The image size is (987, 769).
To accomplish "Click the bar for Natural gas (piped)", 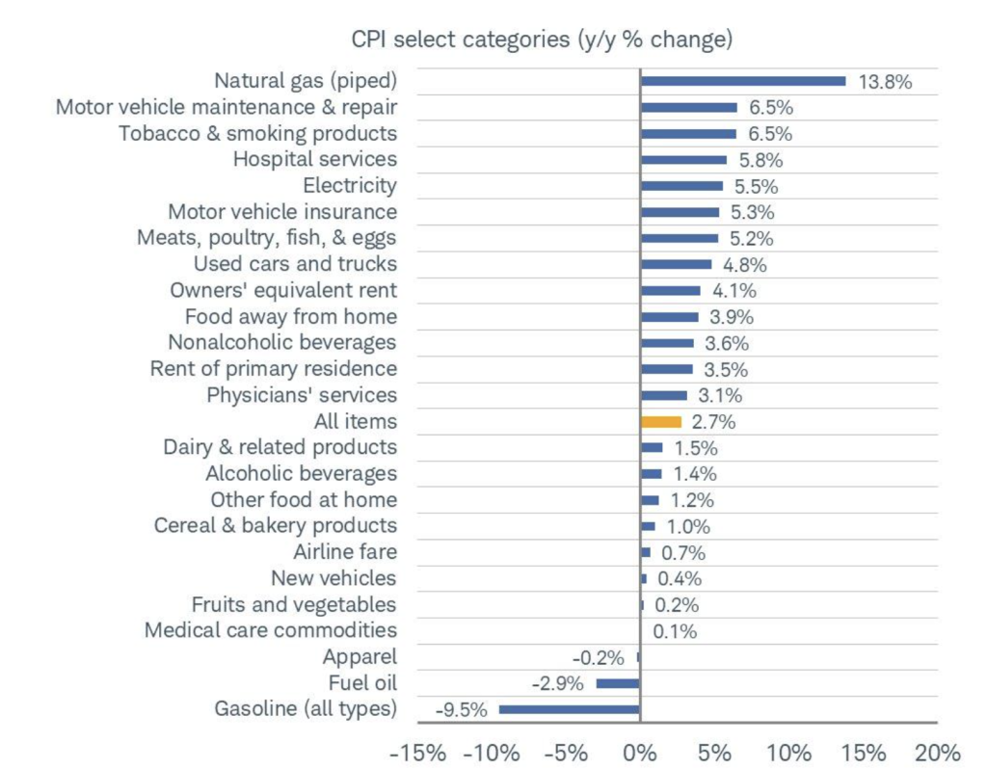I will (743, 81).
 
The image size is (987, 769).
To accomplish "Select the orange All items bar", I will (661, 421).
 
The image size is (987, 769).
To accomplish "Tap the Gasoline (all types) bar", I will (569, 709).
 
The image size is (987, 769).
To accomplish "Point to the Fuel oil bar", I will (618, 683).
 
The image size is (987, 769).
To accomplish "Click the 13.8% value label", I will (885, 82).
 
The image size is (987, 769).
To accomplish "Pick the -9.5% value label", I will (462, 710).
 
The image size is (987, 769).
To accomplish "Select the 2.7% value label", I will (714, 422).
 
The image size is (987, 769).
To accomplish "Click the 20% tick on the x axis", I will (938, 752).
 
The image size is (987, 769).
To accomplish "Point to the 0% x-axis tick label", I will (640, 752).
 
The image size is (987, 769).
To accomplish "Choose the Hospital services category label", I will (314, 159).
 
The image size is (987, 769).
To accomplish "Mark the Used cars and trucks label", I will (295, 264).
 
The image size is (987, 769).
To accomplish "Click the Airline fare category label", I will (344, 552).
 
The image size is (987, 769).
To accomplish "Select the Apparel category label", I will (360, 657).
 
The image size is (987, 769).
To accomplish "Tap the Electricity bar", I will (681, 186).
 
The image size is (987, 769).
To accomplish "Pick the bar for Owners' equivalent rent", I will (671, 290).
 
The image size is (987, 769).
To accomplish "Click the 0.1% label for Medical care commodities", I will (675, 632).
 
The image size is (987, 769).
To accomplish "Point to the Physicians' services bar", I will (664, 395).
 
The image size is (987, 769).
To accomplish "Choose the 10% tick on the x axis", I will (789, 752).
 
